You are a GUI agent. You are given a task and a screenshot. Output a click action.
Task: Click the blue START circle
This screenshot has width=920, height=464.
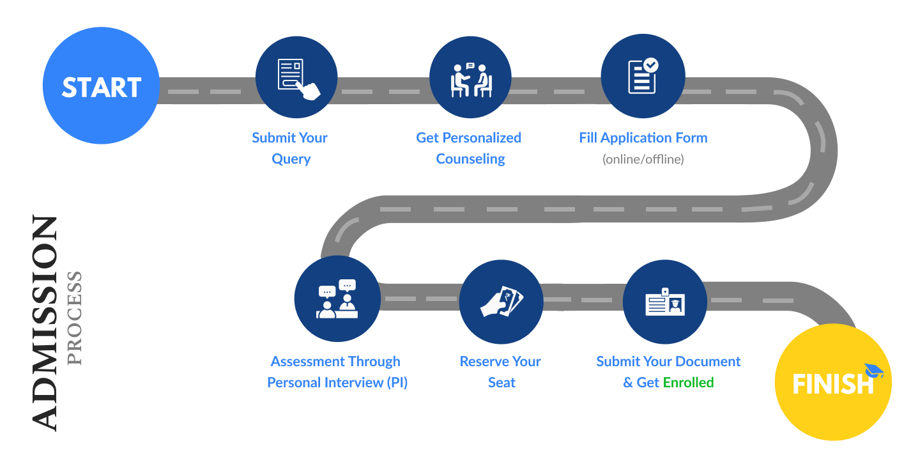(101, 86)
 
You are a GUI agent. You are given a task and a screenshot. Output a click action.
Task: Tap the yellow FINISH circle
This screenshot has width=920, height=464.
(832, 382)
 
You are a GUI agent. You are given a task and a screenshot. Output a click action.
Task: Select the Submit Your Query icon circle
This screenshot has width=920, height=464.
(296, 77)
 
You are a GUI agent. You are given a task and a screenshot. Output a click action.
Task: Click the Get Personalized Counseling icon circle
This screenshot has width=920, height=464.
(470, 77)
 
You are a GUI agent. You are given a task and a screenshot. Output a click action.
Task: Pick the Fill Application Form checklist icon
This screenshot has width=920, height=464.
(643, 76)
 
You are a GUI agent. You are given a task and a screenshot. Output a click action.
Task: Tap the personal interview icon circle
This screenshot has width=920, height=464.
(337, 298)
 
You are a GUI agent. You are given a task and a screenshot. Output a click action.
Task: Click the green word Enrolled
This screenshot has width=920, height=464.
(688, 383)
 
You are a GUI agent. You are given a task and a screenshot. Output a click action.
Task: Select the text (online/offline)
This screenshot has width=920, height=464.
(643, 159)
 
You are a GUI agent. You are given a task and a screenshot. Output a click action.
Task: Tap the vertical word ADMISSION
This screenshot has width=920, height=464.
(45, 323)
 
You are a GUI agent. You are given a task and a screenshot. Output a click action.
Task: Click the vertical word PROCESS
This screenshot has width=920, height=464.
(75, 318)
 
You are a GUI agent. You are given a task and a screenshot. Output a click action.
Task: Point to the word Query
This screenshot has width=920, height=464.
(291, 159)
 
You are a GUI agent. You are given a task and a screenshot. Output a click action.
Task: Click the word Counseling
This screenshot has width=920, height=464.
(470, 159)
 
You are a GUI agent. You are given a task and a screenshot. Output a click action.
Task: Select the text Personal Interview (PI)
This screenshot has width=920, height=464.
(337, 383)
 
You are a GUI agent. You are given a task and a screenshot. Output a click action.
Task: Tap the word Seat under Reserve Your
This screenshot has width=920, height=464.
(502, 383)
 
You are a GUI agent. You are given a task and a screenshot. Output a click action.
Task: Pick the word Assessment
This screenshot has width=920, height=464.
(303, 362)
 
